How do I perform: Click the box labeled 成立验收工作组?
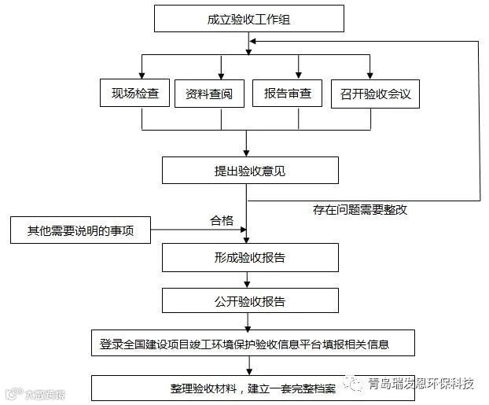point(249,18)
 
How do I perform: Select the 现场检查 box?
point(134,93)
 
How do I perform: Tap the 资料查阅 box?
point(209,94)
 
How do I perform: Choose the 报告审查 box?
point(287,93)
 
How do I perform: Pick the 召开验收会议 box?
point(375,94)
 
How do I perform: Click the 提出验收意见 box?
point(250,171)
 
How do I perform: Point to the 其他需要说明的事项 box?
point(80,230)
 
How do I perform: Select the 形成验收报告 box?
point(250,257)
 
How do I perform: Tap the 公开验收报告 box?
point(250,300)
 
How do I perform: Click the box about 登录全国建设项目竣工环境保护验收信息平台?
point(253,343)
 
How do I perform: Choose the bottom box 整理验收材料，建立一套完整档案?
point(253,388)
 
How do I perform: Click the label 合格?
point(222,221)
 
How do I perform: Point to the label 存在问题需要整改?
point(360,210)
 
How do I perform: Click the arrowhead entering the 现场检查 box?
point(142,75)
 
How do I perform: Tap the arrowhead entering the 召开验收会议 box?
point(370,75)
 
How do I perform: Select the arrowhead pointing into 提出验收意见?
point(246,153)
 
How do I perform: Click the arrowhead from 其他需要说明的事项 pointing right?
point(244,230)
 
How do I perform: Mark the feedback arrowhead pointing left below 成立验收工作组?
point(253,41)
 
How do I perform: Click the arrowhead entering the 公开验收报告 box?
point(247,285)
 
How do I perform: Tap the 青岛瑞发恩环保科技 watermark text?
point(421,383)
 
